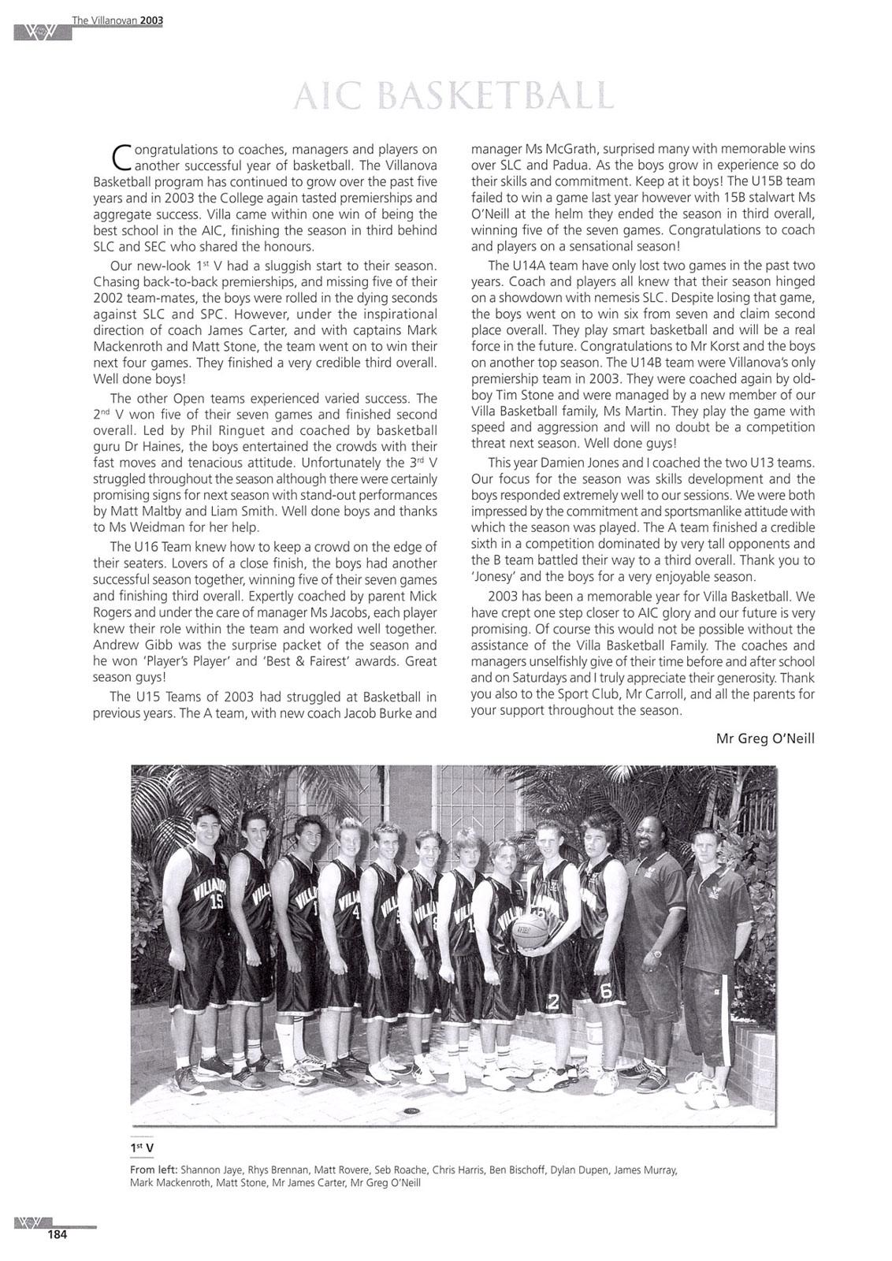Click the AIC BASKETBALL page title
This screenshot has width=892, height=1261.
(x=453, y=95)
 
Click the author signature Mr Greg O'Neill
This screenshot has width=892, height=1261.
(x=764, y=738)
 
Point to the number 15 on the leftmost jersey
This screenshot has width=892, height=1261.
(x=217, y=903)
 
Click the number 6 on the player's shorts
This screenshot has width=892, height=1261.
(x=606, y=993)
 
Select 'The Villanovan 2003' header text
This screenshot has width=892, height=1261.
(x=117, y=20)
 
